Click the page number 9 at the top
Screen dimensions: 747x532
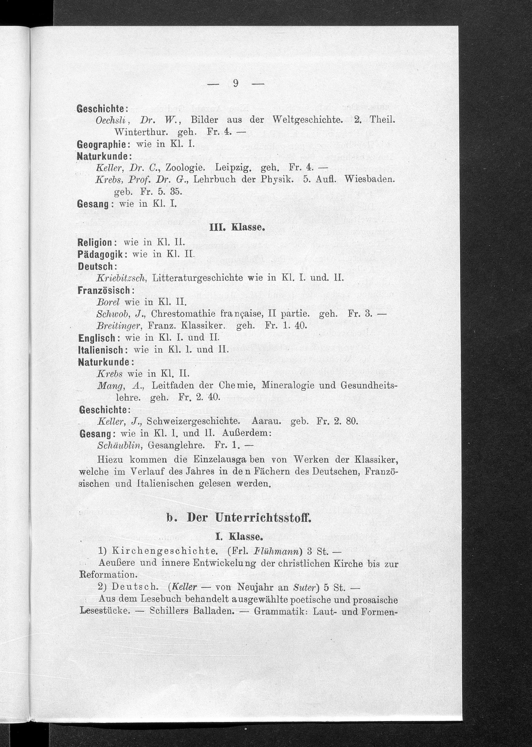click(235, 84)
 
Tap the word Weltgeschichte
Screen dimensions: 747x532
click(307, 120)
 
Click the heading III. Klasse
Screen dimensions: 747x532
click(236, 227)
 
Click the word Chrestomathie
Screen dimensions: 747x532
click(183, 314)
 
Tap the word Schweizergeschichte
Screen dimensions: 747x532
click(192, 421)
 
